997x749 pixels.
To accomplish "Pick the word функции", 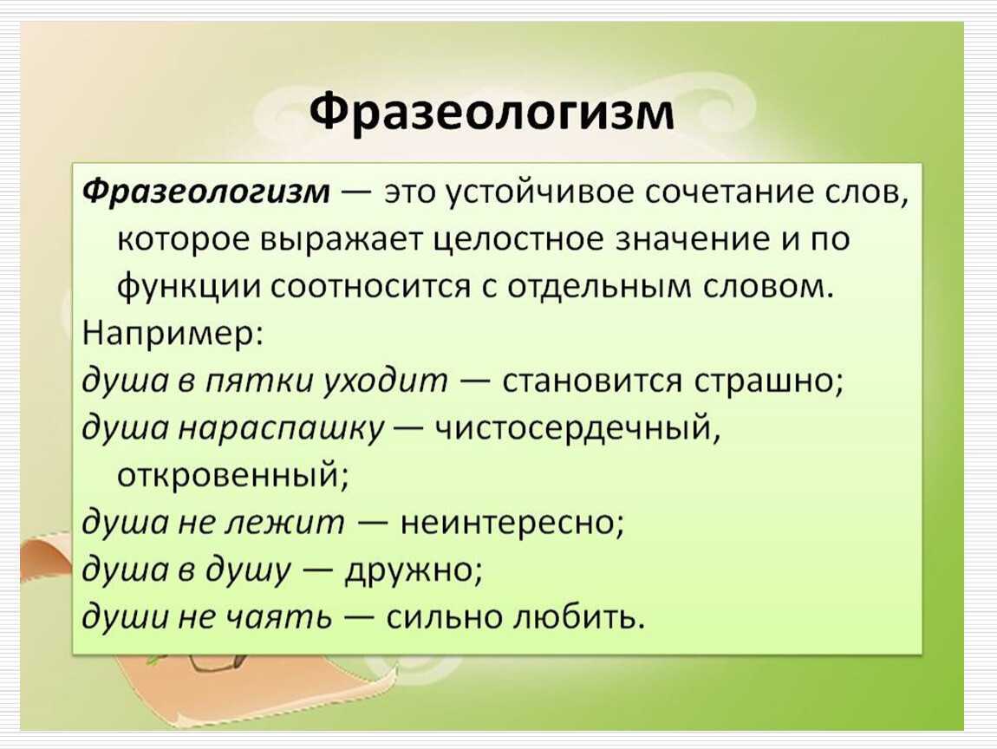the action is coord(189,289).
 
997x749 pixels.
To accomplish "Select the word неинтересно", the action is coord(512,524).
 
